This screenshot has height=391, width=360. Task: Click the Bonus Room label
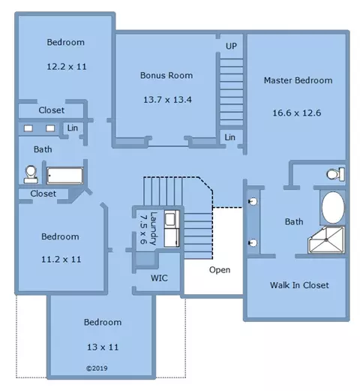click(166, 75)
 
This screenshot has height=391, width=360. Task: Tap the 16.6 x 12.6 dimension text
click(297, 113)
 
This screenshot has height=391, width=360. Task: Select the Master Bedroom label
click(298, 80)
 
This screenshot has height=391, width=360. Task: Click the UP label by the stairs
click(231, 46)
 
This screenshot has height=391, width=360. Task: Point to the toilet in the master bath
click(336, 174)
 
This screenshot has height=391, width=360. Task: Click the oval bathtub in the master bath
click(333, 208)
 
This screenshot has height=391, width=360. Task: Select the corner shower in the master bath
click(326, 240)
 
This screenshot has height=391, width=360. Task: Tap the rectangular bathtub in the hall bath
click(65, 176)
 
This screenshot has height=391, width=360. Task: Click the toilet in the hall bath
click(31, 174)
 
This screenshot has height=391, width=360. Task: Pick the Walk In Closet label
click(299, 285)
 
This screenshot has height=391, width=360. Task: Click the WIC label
click(159, 278)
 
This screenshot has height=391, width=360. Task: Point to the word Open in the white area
click(220, 270)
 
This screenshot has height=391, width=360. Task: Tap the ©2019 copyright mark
click(97, 368)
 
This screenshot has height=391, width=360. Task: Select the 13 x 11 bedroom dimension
click(103, 347)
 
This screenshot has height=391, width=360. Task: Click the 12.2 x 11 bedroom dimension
click(67, 67)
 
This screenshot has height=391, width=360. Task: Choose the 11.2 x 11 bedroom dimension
click(61, 259)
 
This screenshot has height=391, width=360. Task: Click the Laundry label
click(154, 228)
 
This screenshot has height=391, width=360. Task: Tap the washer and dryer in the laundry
click(172, 229)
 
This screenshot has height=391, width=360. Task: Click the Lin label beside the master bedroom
click(229, 137)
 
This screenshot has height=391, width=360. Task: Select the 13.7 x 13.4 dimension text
click(167, 100)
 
